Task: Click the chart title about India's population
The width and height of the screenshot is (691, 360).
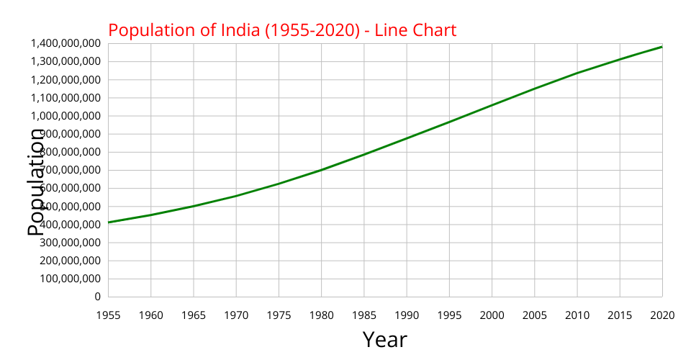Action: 282,30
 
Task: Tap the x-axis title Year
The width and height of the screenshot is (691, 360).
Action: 384,339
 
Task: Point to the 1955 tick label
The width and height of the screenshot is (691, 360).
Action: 108,315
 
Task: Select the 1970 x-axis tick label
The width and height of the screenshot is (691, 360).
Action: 236,315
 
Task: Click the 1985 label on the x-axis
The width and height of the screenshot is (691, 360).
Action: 363,315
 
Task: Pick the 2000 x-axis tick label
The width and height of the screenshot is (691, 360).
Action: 492,315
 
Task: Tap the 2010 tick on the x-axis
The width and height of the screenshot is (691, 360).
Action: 577,315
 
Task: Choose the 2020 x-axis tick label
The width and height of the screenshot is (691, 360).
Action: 662,315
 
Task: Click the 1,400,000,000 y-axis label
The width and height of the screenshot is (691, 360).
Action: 66,43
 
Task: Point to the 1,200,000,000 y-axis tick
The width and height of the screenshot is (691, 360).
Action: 66,79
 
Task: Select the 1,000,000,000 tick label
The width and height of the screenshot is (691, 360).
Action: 66,116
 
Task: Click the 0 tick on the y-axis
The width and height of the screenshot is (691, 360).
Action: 97,297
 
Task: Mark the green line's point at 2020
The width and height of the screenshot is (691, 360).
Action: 661,47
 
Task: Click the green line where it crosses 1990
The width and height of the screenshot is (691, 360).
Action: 407,138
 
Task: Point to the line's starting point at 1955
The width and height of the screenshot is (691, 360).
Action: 109,222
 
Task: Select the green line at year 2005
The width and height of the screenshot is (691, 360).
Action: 534,89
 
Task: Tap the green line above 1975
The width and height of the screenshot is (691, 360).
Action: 279,184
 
